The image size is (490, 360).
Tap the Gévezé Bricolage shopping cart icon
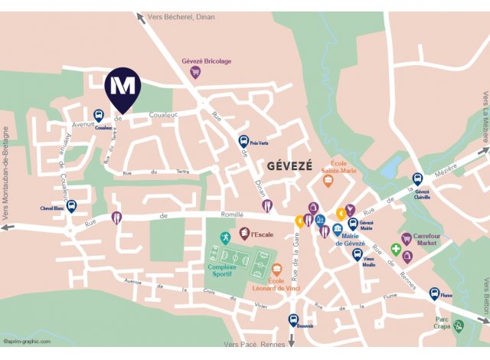pyautogui.click(x=194, y=73)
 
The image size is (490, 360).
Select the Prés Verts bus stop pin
pyautogui.click(x=243, y=142)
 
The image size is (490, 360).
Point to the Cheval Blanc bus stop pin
pyautogui.click(x=72, y=206)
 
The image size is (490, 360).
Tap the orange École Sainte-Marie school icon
pyautogui.click(x=328, y=181)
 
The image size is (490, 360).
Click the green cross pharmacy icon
pyautogui.click(x=396, y=250)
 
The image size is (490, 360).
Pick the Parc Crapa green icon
pyautogui.click(x=458, y=326)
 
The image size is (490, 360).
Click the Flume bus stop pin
pyautogui.click(x=434, y=293)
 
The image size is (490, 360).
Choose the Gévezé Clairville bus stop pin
pyautogui.click(x=418, y=179)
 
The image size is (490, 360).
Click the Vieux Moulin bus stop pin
pyautogui.click(x=357, y=254)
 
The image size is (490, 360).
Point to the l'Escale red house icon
pyautogui.click(x=244, y=234)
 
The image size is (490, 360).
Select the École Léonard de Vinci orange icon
pyautogui.click(x=277, y=270)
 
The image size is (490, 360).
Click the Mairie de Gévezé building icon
pyautogui.click(x=337, y=231)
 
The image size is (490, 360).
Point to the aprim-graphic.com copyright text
pyautogui.click(x=28, y=342)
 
